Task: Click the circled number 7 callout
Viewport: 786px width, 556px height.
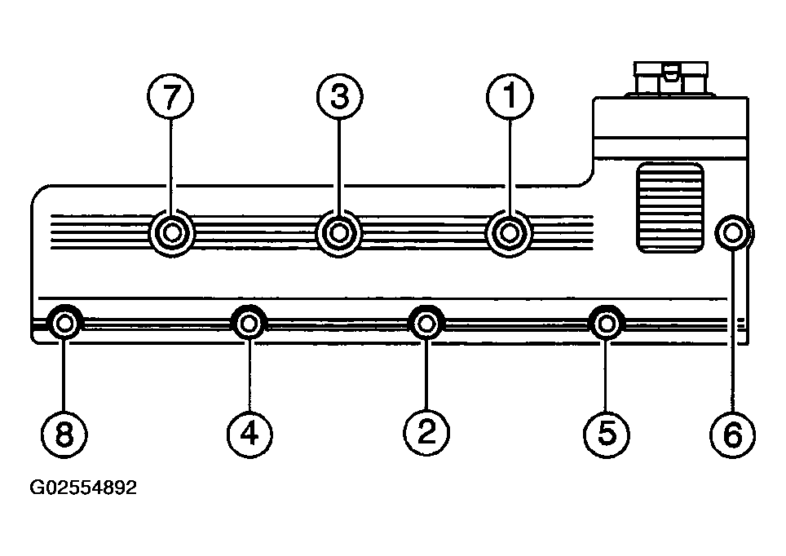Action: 171,96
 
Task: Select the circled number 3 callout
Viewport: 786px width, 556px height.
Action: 339,96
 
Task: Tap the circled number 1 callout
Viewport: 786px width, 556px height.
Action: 510,96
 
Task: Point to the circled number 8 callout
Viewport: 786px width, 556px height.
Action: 64,435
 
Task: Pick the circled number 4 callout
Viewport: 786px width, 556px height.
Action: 249,435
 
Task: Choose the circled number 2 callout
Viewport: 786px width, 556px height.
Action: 426,433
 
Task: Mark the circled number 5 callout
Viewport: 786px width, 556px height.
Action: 607,435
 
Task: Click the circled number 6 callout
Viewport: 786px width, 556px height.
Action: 733,435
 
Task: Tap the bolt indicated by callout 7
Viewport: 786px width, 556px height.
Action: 171,233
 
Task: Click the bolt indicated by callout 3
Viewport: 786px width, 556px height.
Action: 339,233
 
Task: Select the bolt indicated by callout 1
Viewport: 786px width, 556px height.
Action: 510,233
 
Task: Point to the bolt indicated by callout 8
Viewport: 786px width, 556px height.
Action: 64,324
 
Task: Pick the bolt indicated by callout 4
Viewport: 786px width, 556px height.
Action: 249,324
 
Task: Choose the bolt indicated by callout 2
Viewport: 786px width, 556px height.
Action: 426,324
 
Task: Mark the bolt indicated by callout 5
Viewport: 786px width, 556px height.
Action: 607,324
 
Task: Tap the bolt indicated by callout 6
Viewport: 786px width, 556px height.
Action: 733,232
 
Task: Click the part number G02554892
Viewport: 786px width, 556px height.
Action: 83,488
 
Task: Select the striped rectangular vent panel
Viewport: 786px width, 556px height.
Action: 670,208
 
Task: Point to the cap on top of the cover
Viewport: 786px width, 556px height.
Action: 671,78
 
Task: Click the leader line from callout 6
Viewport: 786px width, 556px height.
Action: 733,331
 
